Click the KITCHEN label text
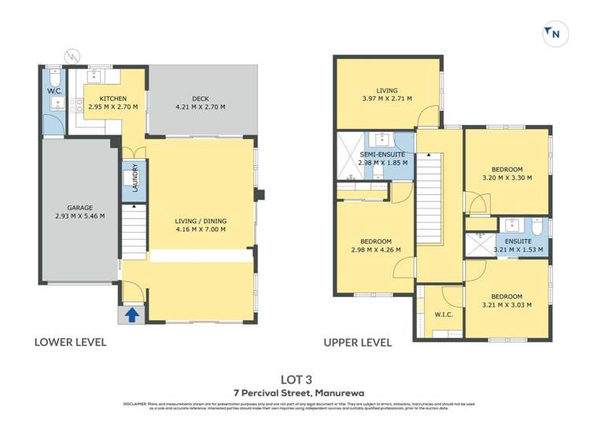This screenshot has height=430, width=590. click(x=113, y=98)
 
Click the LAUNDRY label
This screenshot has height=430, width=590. click(x=135, y=178)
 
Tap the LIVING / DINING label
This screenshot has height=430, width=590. click(x=200, y=222)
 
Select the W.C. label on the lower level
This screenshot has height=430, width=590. click(x=53, y=91)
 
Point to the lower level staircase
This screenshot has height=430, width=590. click(x=136, y=231)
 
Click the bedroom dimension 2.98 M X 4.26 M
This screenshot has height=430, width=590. click(x=374, y=250)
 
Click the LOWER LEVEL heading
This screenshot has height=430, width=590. click(x=69, y=343)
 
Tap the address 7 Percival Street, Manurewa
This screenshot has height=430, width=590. click(x=294, y=393)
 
